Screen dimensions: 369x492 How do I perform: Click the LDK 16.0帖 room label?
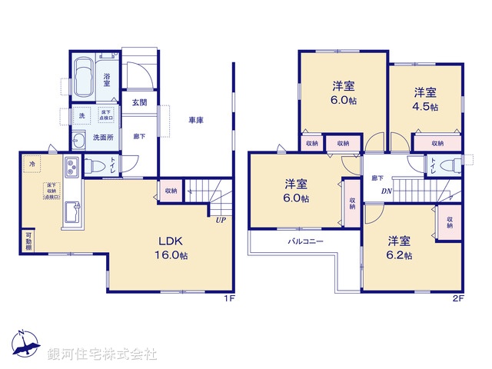(x=171, y=245)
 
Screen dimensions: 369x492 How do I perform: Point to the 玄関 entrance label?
(x=139, y=102)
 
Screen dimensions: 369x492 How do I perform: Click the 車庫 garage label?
(x=196, y=121)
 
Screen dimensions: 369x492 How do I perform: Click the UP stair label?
(x=221, y=220)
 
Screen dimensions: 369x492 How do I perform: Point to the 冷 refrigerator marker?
(x=32, y=164)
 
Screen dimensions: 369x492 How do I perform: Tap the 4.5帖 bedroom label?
(x=425, y=100)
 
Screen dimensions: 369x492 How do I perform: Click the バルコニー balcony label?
(x=305, y=241)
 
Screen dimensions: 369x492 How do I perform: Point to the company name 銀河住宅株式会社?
(x=101, y=354)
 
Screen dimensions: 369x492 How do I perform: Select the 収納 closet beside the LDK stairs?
(x=171, y=191)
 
